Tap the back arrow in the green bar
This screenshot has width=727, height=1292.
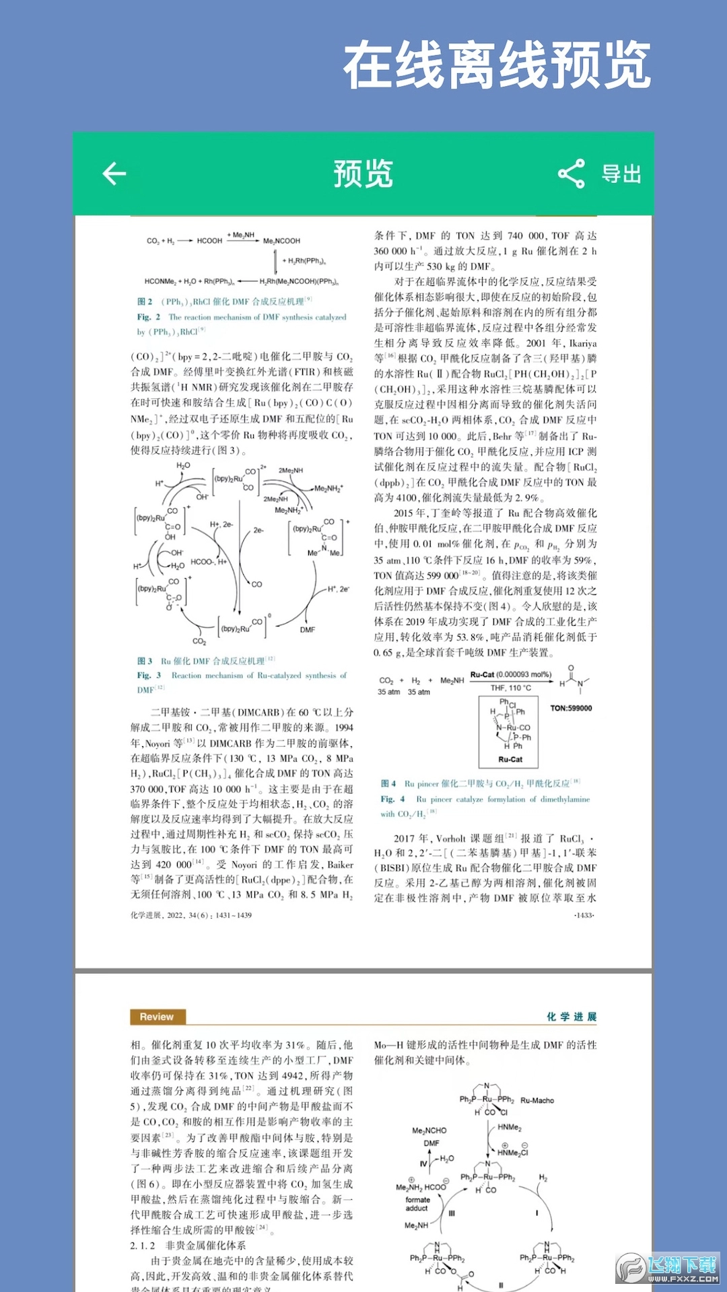coord(114,174)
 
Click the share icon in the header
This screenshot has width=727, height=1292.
coord(572,174)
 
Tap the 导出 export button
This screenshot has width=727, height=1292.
coord(621,174)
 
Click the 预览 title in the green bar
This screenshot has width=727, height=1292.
coord(363,174)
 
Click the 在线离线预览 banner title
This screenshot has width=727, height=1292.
coord(497,65)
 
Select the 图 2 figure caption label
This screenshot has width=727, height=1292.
coord(145,301)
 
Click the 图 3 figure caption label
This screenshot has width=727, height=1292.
coord(145,661)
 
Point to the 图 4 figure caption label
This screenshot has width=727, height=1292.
coord(388,783)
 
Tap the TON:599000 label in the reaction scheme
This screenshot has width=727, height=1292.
coord(571,708)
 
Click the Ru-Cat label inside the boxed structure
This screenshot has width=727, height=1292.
coord(510,759)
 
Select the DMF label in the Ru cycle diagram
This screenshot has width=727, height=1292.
coord(308,630)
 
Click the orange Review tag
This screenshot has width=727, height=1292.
coord(157,1017)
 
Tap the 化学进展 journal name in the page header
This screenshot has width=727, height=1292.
coord(572,1017)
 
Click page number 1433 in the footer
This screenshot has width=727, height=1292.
coord(584,915)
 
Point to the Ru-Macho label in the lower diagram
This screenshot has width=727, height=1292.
coord(537,1100)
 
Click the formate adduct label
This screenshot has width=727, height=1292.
coord(417,1204)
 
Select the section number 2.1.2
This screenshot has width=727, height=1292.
coord(142,1246)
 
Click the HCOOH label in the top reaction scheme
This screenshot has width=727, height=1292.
coord(209,240)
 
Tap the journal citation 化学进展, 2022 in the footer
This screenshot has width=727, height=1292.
coord(191,915)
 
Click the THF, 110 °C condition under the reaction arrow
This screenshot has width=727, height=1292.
coord(510,688)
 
